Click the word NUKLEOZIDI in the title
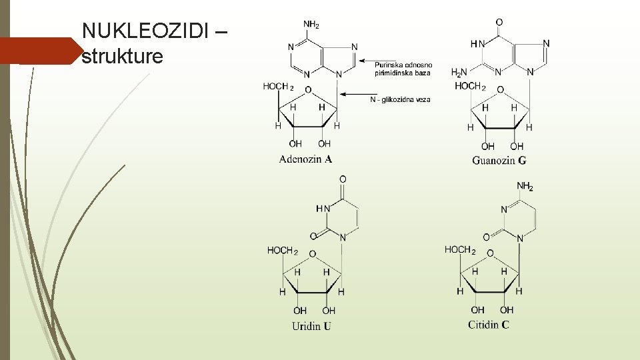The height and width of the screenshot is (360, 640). click(145, 31)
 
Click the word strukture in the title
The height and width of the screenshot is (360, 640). click(122, 57)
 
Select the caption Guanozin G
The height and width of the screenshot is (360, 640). click(499, 160)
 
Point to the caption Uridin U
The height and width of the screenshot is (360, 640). click(311, 326)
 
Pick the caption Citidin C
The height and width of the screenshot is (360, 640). click(489, 325)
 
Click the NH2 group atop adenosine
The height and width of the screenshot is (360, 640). click(311, 25)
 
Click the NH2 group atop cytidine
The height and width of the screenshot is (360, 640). click(525, 187)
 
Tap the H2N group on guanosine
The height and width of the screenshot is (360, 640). click(459, 73)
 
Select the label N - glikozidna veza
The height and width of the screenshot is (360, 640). click(400, 99)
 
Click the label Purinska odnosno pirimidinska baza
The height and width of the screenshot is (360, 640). click(403, 69)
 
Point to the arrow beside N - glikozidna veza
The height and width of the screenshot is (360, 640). click(354, 95)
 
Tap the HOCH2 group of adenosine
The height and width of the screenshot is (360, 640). click(278, 87)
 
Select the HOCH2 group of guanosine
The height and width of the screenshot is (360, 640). click(470, 87)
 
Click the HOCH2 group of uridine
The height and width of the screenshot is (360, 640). click(283, 251)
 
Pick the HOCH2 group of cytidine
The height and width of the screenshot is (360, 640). click(460, 250)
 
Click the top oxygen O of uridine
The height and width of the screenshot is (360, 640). click(343, 179)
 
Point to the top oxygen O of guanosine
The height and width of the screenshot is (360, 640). click(499, 23)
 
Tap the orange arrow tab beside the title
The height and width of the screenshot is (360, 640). click(39, 51)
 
